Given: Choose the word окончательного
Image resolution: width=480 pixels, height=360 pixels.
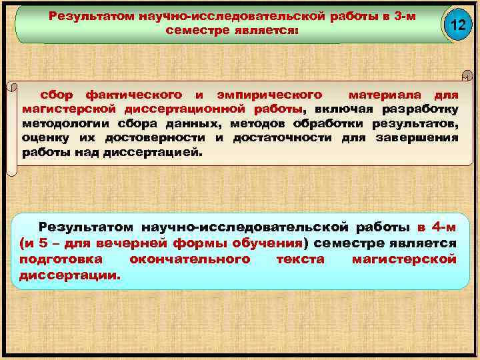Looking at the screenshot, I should pos(190,259).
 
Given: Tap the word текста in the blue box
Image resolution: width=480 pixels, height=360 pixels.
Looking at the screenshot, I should pos(300,259).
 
